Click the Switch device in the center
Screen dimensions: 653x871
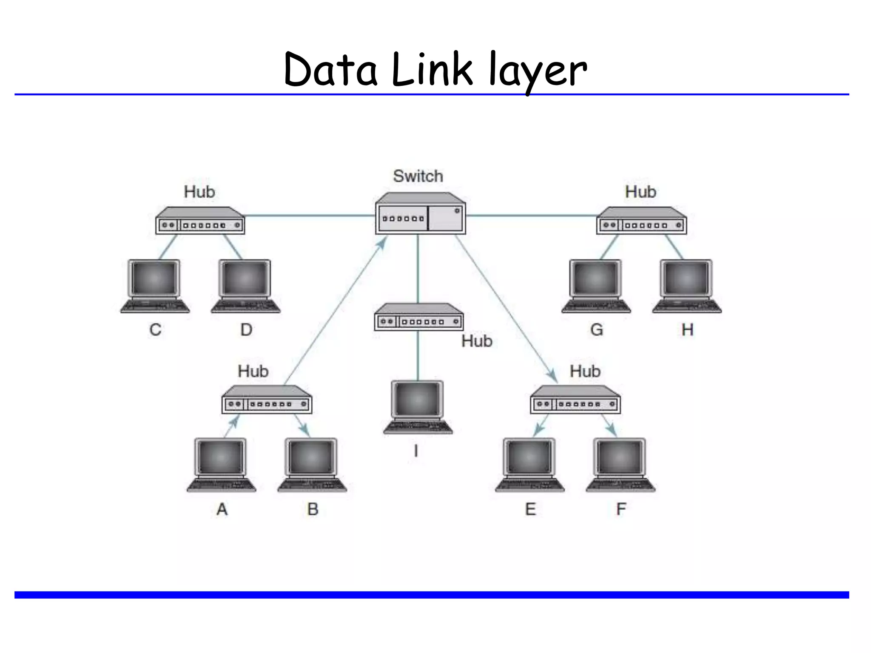pos(420,214)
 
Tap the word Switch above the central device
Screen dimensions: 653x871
pos(418,176)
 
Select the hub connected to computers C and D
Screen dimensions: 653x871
pos(200,221)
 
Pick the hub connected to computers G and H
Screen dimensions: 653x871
pos(641,221)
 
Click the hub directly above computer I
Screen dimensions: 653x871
pos(418,318)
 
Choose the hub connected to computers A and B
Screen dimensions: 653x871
pos(267,400)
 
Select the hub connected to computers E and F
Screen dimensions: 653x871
pos(575,400)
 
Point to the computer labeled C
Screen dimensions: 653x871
pos(155,286)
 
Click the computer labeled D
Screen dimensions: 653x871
pos(246,286)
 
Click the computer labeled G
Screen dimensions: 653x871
pos(596,286)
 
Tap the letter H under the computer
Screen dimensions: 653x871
pos(687,330)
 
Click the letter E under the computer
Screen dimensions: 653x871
pos(530,509)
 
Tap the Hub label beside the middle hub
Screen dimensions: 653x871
pos(477,341)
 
